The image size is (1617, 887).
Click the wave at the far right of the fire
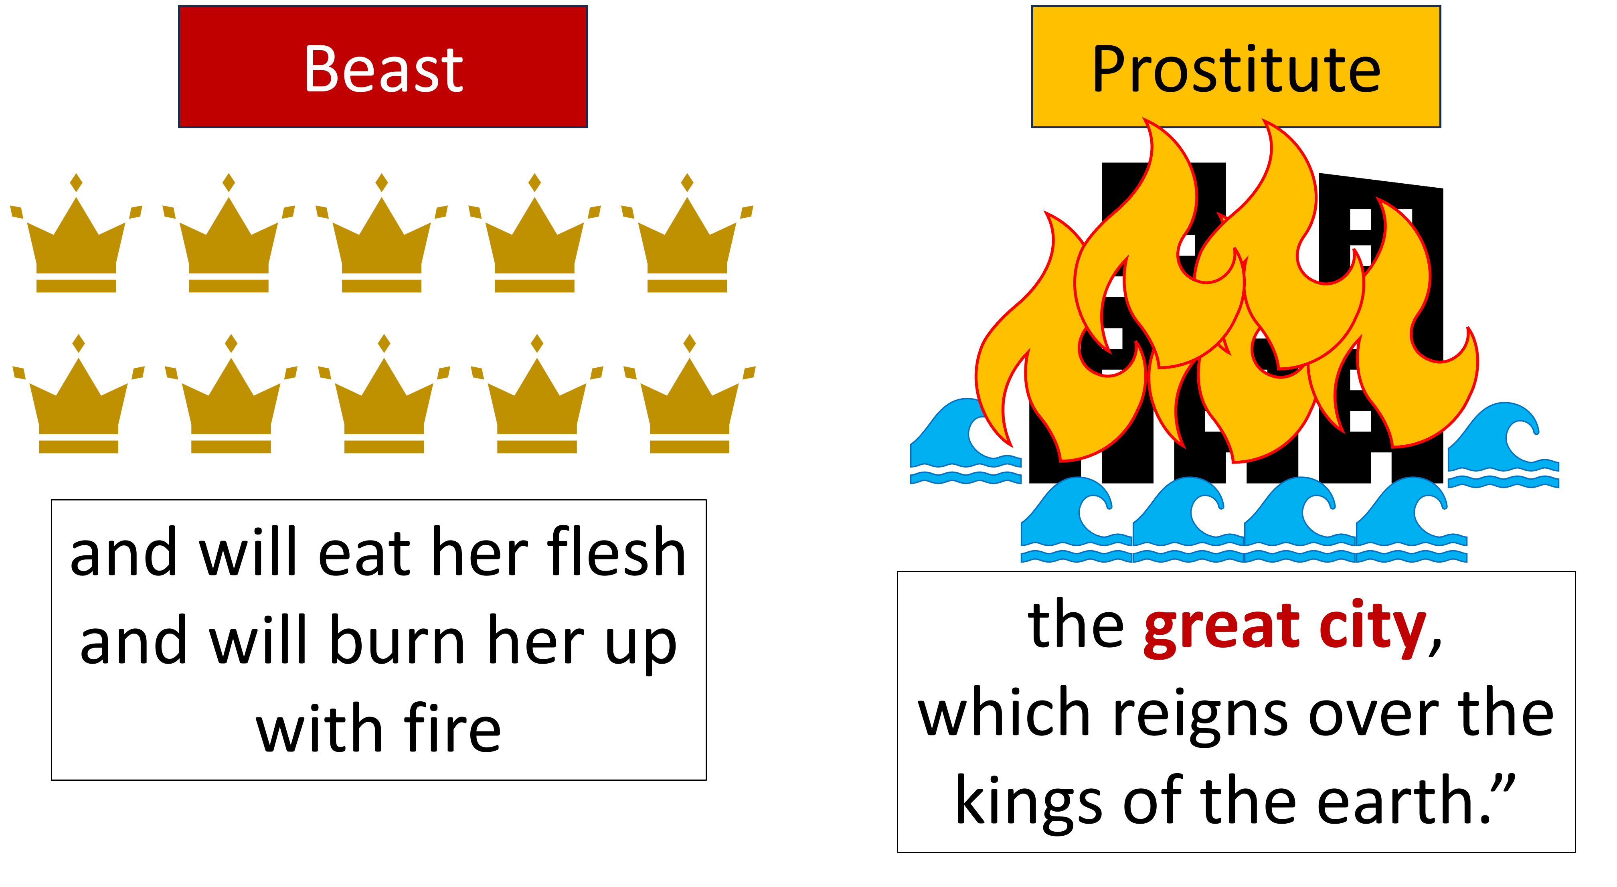tap(1504, 449)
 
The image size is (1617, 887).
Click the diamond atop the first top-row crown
tap(76, 183)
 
